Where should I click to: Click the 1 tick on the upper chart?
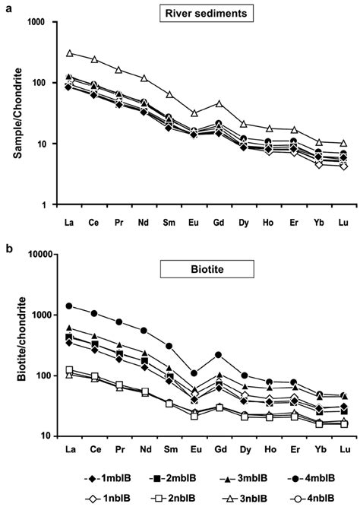[52, 205]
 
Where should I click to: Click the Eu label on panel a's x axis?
[194, 223]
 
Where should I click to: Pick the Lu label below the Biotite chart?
[345, 450]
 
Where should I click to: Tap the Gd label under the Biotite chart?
[219, 450]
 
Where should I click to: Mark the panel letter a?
[6, 5]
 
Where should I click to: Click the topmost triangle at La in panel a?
[69, 53]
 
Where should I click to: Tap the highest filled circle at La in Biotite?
[69, 306]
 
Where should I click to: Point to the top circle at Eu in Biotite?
[194, 373]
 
